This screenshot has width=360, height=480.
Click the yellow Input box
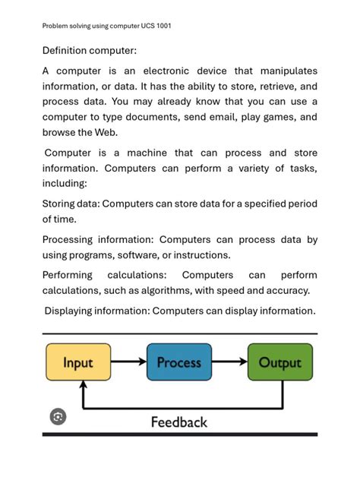pos(78,362)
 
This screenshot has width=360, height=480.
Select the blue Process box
pos(178,362)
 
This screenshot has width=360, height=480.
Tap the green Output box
pos(279,362)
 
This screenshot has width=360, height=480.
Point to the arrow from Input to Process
pos(128,362)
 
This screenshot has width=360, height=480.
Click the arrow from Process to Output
pos(229,362)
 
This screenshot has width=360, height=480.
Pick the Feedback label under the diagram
pos(179,422)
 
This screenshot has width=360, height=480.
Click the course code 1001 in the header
pos(163,26)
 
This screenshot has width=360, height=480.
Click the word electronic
pos(174,71)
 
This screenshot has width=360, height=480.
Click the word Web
pos(111,133)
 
